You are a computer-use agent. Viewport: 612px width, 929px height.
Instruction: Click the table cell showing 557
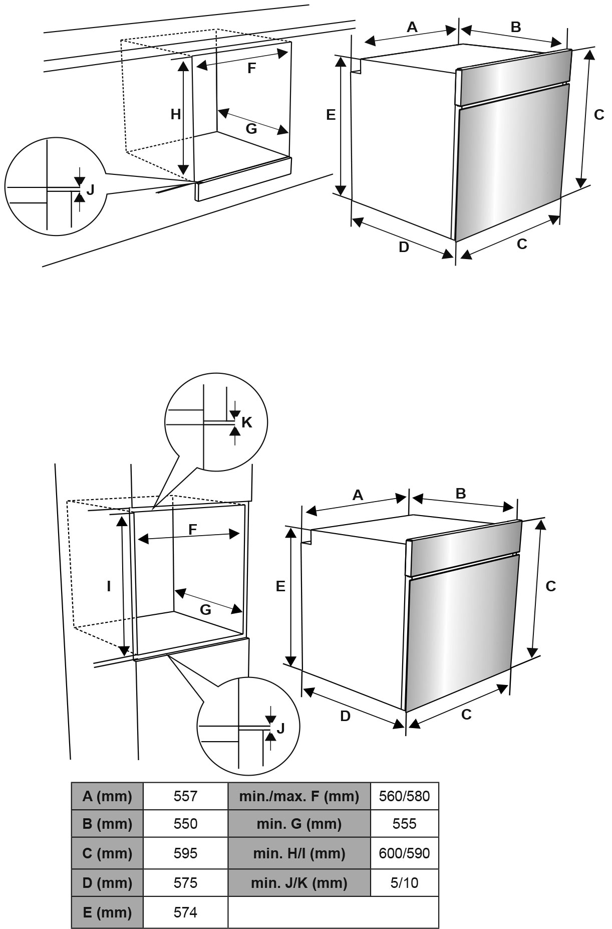[185, 796]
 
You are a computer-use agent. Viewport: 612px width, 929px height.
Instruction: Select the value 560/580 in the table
[404, 796]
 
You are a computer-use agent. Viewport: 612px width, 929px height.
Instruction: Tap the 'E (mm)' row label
[107, 912]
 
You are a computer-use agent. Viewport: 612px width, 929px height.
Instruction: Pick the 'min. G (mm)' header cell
[299, 824]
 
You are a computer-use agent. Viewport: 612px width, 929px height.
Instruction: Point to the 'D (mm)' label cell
[107, 883]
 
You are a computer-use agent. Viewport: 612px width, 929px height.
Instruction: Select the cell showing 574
[185, 912]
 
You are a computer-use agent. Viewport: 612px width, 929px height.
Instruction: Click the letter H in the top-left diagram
[175, 115]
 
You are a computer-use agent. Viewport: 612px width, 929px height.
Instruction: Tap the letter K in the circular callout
[246, 422]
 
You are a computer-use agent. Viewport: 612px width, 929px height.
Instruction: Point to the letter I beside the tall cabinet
[109, 586]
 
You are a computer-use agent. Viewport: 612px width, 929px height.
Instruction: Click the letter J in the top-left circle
[90, 190]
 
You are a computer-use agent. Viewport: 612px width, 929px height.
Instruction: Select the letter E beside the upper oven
[331, 115]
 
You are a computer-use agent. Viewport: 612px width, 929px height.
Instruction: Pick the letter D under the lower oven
[345, 716]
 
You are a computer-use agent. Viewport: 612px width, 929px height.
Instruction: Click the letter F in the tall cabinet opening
[193, 529]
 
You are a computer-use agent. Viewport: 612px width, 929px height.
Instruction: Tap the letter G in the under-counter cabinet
[251, 129]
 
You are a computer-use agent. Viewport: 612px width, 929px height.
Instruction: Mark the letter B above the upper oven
[515, 27]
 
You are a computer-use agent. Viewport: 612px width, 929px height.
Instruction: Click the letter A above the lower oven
[358, 495]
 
